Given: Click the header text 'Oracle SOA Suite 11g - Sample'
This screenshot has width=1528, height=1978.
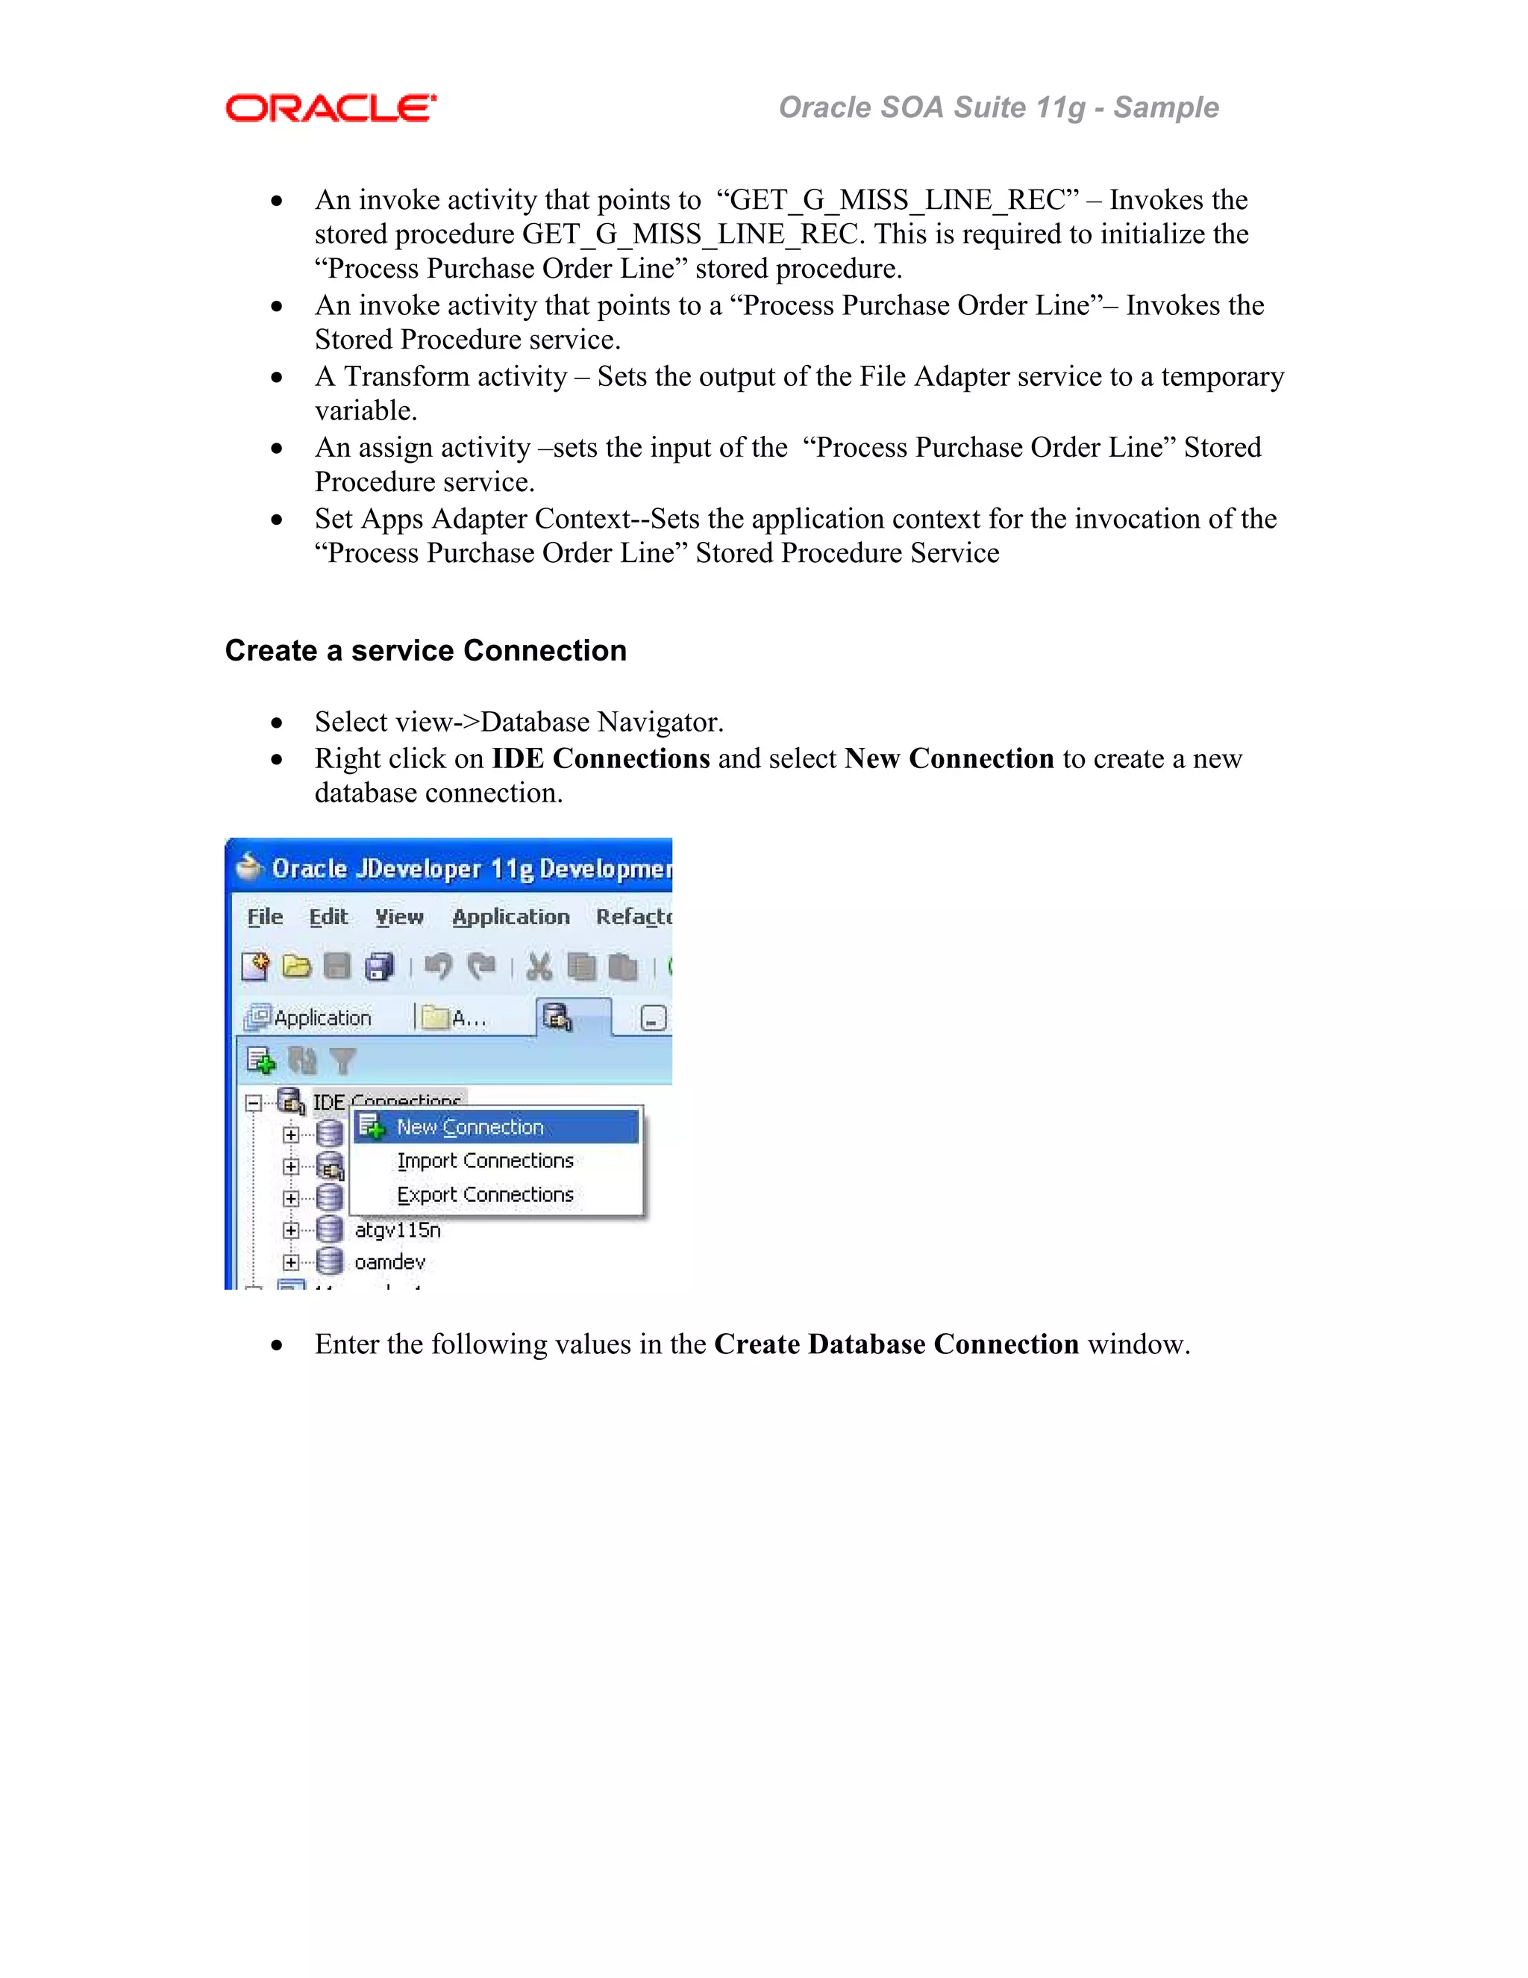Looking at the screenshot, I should point(998,107).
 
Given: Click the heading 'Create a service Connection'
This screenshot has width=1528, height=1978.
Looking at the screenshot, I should point(425,650).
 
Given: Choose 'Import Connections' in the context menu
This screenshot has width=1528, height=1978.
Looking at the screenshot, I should point(485,1161).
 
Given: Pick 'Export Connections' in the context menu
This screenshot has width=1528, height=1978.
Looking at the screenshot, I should point(485,1196).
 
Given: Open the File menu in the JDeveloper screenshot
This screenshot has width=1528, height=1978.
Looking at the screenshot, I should point(264,917).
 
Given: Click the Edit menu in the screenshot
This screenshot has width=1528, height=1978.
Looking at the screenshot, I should point(328,917).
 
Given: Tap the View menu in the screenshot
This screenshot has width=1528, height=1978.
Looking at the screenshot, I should point(399,917).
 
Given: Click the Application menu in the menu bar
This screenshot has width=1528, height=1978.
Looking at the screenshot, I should point(510,917).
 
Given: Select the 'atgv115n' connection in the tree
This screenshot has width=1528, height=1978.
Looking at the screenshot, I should point(398,1231).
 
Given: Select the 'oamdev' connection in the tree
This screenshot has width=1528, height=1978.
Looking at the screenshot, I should point(389,1262).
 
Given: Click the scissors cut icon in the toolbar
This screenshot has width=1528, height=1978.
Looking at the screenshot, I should point(539,967).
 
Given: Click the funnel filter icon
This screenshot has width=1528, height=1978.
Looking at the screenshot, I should point(343,1061).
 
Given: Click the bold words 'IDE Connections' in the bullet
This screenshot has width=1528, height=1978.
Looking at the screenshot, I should point(600,759).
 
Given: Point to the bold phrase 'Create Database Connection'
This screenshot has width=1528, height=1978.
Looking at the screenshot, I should point(896,1345).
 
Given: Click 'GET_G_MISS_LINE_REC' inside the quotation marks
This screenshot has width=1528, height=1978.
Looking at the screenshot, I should point(897,200).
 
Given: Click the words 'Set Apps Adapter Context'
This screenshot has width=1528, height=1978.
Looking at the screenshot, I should point(471,519).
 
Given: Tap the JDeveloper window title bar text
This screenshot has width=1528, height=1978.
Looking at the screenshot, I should point(471,870).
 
